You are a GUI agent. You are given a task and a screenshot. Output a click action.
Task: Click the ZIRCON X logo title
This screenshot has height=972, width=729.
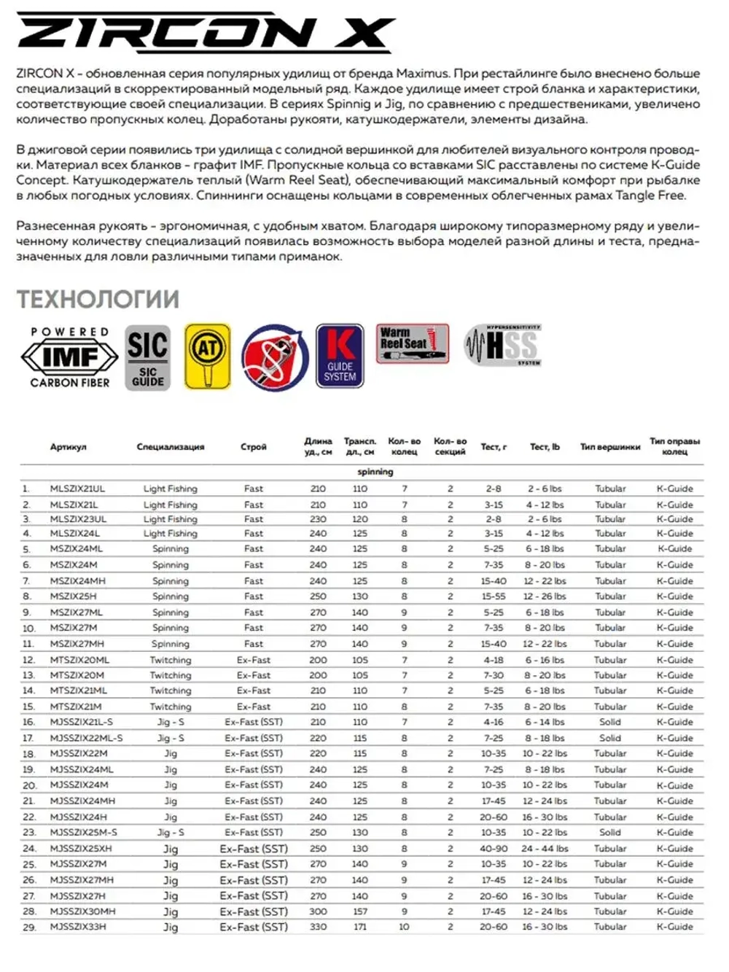[x=204, y=33]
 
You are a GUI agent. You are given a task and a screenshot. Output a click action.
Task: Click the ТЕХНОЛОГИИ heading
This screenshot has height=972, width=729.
[x=98, y=299]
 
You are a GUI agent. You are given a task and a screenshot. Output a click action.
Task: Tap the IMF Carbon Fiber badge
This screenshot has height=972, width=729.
[x=70, y=357]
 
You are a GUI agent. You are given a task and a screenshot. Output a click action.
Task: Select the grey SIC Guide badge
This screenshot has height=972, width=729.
[x=148, y=357]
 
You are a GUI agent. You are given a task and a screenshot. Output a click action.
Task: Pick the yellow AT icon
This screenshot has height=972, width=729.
[x=207, y=356]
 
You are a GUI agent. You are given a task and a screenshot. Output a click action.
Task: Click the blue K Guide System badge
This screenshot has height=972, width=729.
[x=340, y=356]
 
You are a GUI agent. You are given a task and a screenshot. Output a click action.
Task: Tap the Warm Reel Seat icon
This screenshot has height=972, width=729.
[x=412, y=343]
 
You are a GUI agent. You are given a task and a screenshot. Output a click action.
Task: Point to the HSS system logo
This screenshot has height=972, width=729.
[x=504, y=345]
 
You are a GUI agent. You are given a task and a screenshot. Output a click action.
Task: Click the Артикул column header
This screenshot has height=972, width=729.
[x=68, y=447]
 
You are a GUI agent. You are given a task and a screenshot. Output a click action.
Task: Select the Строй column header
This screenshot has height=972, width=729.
[x=253, y=447]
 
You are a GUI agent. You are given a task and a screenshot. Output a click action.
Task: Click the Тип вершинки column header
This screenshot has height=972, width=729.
[x=610, y=447]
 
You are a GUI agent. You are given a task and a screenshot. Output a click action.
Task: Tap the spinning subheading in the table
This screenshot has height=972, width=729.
[x=375, y=472]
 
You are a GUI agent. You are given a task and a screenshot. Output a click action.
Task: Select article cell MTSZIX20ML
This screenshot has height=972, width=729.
[x=79, y=660]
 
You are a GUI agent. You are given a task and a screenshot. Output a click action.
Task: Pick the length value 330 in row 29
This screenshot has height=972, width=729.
[x=318, y=927]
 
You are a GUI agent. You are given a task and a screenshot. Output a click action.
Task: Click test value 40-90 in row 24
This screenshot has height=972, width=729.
[x=494, y=849]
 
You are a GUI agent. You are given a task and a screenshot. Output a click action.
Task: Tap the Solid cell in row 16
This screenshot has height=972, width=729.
[x=610, y=722]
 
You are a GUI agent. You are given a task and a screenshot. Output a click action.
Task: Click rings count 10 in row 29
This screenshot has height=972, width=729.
[x=404, y=927]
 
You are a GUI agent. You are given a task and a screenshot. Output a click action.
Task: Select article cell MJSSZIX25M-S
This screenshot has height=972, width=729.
[x=83, y=832]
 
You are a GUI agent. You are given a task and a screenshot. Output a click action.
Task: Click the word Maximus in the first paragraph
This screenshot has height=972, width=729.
[x=422, y=74]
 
